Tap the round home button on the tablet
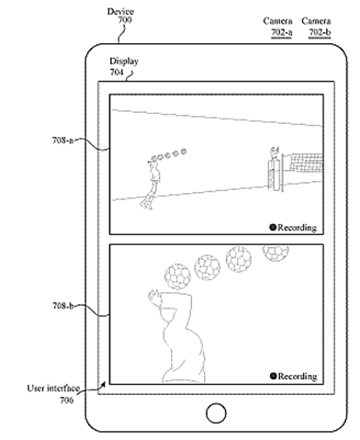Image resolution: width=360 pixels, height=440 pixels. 217,410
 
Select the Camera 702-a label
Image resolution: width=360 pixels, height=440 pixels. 278,25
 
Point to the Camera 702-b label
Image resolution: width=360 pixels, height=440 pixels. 318,25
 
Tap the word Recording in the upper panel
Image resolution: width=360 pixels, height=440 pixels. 297,226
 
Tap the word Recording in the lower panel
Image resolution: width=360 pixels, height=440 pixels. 297,377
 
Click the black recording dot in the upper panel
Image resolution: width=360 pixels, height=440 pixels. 273,226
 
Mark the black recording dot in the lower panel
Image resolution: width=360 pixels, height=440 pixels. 273,377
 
